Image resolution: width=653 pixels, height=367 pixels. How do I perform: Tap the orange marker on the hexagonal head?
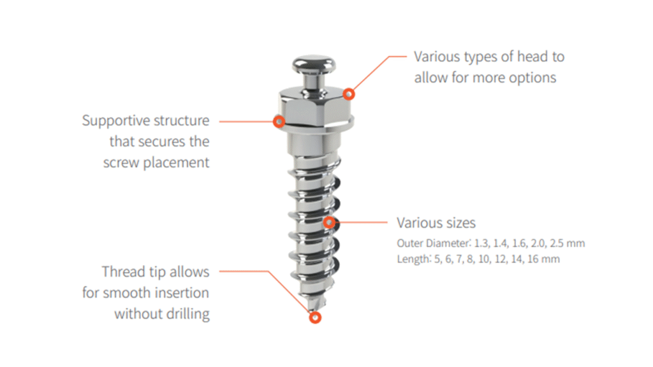tap(349, 94)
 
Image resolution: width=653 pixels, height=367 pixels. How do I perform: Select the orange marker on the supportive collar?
tap(279, 122)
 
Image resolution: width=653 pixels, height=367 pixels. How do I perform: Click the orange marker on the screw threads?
tap(329, 222)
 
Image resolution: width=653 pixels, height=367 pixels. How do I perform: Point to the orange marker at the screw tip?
tap(315, 318)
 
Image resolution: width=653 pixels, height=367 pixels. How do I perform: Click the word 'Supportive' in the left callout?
tap(111, 120)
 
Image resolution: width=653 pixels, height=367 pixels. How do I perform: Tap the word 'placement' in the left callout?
tap(176, 162)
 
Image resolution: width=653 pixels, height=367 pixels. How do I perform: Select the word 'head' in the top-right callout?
tap(527, 57)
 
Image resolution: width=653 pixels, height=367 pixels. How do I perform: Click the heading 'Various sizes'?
tap(436, 223)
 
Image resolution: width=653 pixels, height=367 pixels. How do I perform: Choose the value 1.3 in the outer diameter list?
tap(481, 243)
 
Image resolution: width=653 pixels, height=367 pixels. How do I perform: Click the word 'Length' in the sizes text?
tap(413, 259)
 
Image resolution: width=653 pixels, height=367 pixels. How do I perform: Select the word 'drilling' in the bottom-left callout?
tap(189, 313)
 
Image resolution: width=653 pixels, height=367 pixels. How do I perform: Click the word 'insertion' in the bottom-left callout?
tap(184, 293)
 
